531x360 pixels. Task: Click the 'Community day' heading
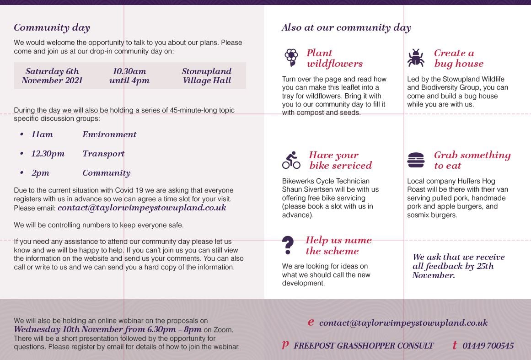[52, 28]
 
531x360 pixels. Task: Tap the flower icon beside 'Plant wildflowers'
[291, 58]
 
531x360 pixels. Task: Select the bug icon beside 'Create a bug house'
[416, 58]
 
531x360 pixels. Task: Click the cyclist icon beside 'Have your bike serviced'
[291, 161]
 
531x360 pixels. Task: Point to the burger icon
[416, 161]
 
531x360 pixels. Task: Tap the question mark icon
[288, 245]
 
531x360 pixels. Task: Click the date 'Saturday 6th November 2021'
[52, 76]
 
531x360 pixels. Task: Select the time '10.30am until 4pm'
[129, 76]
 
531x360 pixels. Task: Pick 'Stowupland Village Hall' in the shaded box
[207, 76]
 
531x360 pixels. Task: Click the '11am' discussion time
[42, 134]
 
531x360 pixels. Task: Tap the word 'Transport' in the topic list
[103, 154]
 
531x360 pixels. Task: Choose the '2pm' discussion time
[40, 173]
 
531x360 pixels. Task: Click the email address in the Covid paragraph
[142, 208]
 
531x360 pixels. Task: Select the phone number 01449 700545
[488, 346]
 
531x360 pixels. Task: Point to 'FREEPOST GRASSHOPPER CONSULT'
[364, 346]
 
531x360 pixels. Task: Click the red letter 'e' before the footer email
[311, 322]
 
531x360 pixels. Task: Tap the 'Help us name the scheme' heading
[338, 246]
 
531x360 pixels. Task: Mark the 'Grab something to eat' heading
[472, 161]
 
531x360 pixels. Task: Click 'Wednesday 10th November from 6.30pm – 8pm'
[107, 329]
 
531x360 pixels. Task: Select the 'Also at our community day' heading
[346, 27]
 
